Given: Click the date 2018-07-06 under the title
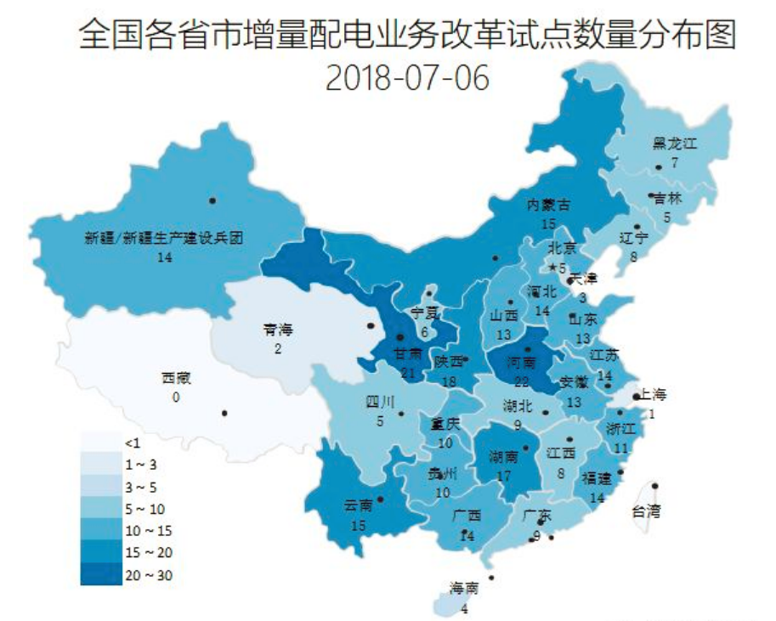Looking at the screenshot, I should pos(408,77).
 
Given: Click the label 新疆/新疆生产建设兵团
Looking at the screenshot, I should pos(165,239).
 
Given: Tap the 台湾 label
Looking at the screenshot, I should pos(647,511).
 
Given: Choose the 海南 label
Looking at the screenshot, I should pos(464,588).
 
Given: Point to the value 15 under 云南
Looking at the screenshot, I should pos(358,525).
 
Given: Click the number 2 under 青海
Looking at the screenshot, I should pos(278,348).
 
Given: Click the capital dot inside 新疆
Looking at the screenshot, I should pos(212,200).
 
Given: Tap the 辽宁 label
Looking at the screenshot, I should pos(634,238).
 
